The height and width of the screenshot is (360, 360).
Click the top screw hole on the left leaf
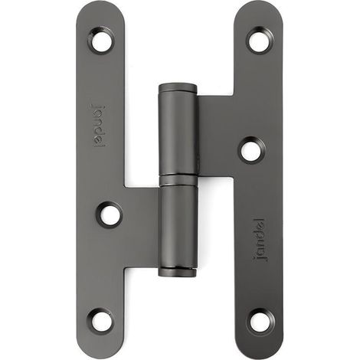[x=101, y=41]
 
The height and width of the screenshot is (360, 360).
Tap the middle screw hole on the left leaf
[x=110, y=215]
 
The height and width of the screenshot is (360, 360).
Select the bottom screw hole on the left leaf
[x=101, y=321]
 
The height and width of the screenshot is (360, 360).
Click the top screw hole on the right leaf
[x=260, y=40]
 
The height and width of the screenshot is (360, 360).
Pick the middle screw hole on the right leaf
[x=252, y=150]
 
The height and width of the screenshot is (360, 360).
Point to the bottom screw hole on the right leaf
[x=260, y=322]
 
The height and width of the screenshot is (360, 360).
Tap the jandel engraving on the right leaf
[x=260, y=240]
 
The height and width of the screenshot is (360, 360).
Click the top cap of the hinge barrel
[x=178, y=88]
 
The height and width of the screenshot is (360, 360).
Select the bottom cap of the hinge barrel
[x=178, y=273]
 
